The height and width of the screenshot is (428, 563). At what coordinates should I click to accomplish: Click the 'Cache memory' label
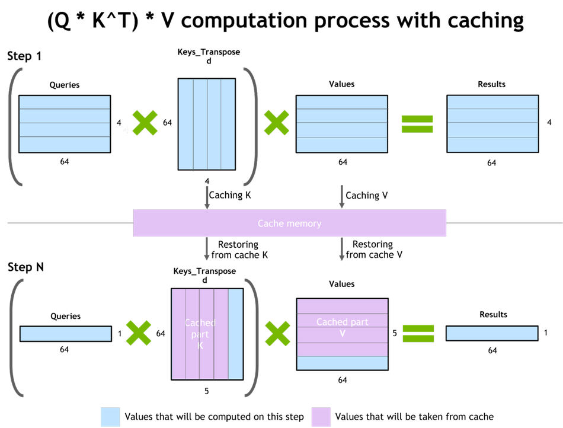pyautogui.click(x=289, y=223)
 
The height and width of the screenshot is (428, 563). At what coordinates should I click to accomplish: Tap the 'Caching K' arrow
pyautogui.click(x=207, y=197)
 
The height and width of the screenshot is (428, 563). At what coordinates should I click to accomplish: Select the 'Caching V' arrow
pyautogui.click(x=341, y=196)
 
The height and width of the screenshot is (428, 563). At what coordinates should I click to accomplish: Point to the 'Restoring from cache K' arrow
pyautogui.click(x=206, y=248)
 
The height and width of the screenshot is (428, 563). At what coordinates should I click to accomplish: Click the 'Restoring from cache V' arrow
pyautogui.click(x=341, y=248)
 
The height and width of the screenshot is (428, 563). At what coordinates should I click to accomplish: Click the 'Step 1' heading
pyautogui.click(x=24, y=56)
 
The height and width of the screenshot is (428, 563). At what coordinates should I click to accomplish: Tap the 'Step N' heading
pyautogui.click(x=25, y=267)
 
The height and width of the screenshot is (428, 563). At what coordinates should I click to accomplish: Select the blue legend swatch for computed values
pyautogui.click(x=110, y=417)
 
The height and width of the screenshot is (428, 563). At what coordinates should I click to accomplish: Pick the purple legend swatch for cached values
pyautogui.click(x=321, y=417)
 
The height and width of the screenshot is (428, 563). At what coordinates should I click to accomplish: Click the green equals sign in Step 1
pyautogui.click(x=417, y=124)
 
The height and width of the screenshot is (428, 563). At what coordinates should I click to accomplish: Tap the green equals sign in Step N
pyautogui.click(x=418, y=334)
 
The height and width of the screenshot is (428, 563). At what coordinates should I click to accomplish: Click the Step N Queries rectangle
pyautogui.click(x=66, y=334)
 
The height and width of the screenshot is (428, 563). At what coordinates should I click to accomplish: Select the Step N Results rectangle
pyautogui.click(x=492, y=333)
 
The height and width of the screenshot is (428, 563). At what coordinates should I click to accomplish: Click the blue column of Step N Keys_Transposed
pyautogui.click(x=235, y=334)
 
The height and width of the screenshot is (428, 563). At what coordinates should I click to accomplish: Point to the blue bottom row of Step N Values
pyautogui.click(x=342, y=363)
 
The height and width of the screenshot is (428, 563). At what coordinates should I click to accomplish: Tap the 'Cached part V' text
pyautogui.click(x=342, y=327)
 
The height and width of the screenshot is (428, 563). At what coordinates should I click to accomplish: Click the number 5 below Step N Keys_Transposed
pyautogui.click(x=206, y=391)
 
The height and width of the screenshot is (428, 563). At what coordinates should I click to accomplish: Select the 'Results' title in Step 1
pyautogui.click(x=491, y=84)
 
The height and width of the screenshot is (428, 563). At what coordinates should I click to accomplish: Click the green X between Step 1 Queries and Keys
pyautogui.click(x=145, y=123)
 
